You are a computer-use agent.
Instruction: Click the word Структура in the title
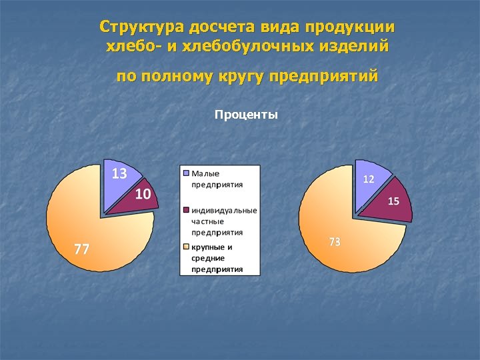(x=142, y=27)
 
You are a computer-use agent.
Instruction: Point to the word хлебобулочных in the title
(x=259, y=47)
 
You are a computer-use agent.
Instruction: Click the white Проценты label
(x=246, y=115)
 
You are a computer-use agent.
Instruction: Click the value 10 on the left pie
(x=143, y=194)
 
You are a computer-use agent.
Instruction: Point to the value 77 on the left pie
(x=81, y=249)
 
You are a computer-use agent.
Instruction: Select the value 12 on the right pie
(x=368, y=179)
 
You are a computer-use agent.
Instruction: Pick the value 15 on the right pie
(x=393, y=201)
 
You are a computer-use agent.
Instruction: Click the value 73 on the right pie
(x=335, y=242)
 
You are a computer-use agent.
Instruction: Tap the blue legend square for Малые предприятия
(x=186, y=173)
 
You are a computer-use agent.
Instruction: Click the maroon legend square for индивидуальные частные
(x=186, y=210)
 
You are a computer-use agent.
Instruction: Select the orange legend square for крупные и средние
(x=186, y=247)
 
